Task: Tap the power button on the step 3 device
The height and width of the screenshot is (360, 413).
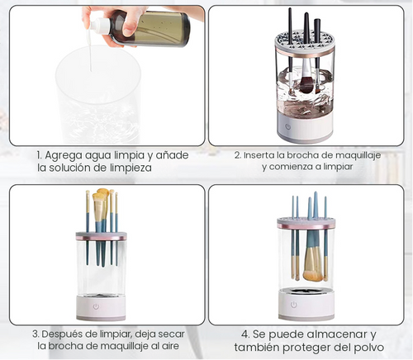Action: click(96, 306)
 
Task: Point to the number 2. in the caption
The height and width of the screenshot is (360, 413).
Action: click(237, 154)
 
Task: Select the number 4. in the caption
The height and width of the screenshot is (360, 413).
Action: click(245, 334)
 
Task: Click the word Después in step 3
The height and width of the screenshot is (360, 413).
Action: click(64, 334)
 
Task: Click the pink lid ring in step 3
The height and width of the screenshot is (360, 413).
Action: click(101, 235)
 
